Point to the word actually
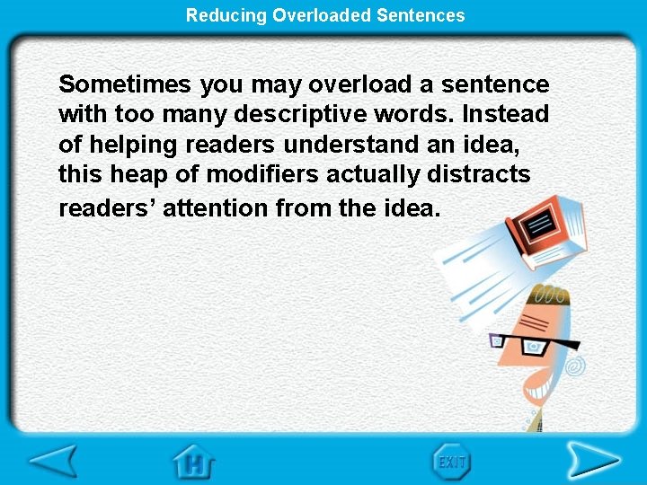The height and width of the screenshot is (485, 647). pyautogui.click(x=368, y=174)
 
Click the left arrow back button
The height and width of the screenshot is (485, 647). pyautogui.click(x=53, y=461)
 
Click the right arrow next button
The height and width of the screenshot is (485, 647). pyautogui.click(x=593, y=461)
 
